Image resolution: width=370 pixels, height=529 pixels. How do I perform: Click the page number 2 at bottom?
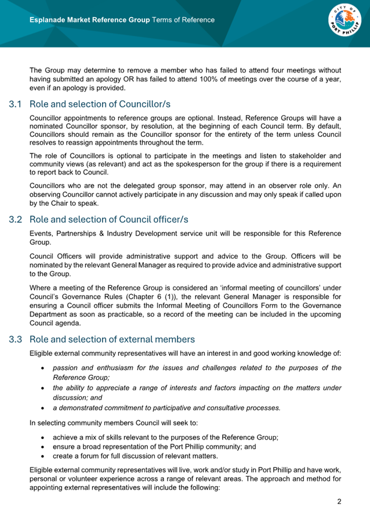(339, 501)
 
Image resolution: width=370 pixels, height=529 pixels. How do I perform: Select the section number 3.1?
(16, 104)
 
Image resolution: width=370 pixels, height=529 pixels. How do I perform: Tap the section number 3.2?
(16, 220)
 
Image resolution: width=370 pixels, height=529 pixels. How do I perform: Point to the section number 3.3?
(16, 339)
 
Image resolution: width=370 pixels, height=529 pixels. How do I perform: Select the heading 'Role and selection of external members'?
(112, 339)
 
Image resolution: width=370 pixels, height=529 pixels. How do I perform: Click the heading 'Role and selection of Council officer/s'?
(109, 220)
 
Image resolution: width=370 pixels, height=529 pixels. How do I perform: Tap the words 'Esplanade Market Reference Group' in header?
(89, 20)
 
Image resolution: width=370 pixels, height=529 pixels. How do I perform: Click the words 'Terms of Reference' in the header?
(183, 20)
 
